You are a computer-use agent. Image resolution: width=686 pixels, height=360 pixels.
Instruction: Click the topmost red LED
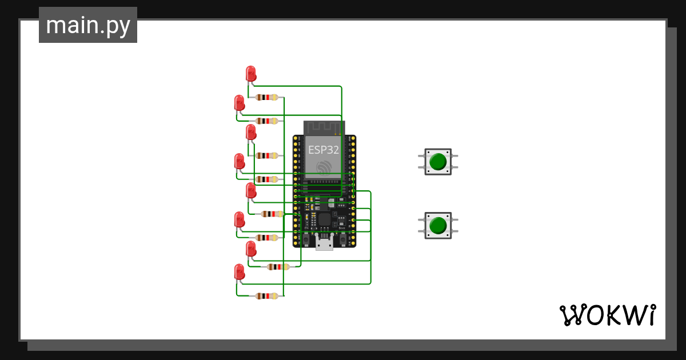[x=250, y=74]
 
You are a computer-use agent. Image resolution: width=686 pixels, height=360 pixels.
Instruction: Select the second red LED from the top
[x=240, y=103]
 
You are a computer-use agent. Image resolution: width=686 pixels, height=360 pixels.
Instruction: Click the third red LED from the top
[x=250, y=133]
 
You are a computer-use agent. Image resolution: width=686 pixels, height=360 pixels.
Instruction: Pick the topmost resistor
[x=267, y=97]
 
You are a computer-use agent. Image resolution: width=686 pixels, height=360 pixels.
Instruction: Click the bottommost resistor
[x=267, y=296]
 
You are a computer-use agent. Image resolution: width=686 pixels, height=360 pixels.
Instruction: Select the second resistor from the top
[x=267, y=121]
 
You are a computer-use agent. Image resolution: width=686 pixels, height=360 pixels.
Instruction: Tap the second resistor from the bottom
[x=278, y=267]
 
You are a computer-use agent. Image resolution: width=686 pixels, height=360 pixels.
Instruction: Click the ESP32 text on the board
[x=324, y=150]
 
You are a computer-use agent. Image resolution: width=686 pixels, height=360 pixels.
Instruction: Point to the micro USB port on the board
[x=324, y=244]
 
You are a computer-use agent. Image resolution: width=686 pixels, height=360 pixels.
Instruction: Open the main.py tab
[x=88, y=25]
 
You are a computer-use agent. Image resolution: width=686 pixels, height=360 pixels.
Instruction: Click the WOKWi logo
[x=607, y=315]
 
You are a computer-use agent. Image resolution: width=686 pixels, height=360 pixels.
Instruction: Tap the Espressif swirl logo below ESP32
[x=324, y=167]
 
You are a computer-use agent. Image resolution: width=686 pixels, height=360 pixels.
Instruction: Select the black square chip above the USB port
[x=324, y=219]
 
